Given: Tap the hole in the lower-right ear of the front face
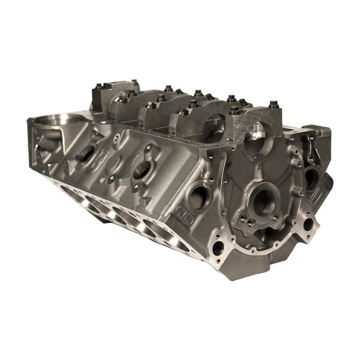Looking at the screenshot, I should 307,224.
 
